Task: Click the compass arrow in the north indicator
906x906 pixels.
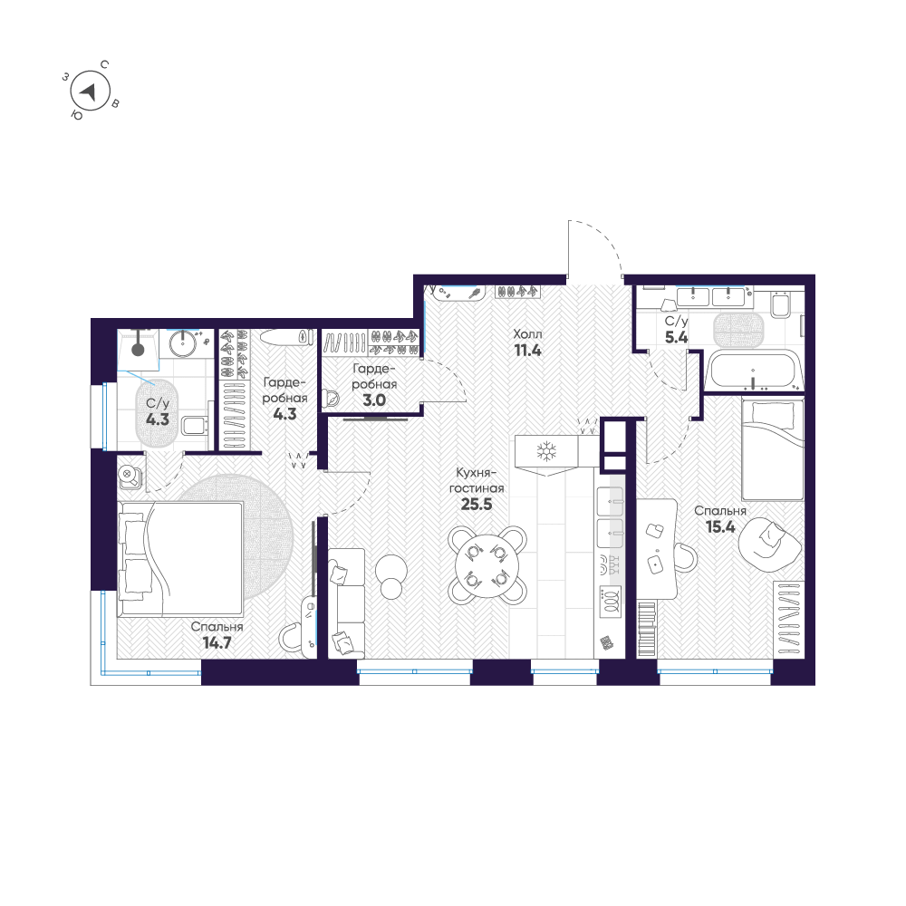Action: tap(88, 91)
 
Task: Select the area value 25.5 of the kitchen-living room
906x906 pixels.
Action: tap(476, 505)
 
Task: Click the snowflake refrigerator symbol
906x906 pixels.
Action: tap(546, 450)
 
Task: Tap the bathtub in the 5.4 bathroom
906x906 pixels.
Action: tap(754, 371)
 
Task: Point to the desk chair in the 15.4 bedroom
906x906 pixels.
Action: tap(681, 555)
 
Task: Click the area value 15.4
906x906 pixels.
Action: tap(719, 526)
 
